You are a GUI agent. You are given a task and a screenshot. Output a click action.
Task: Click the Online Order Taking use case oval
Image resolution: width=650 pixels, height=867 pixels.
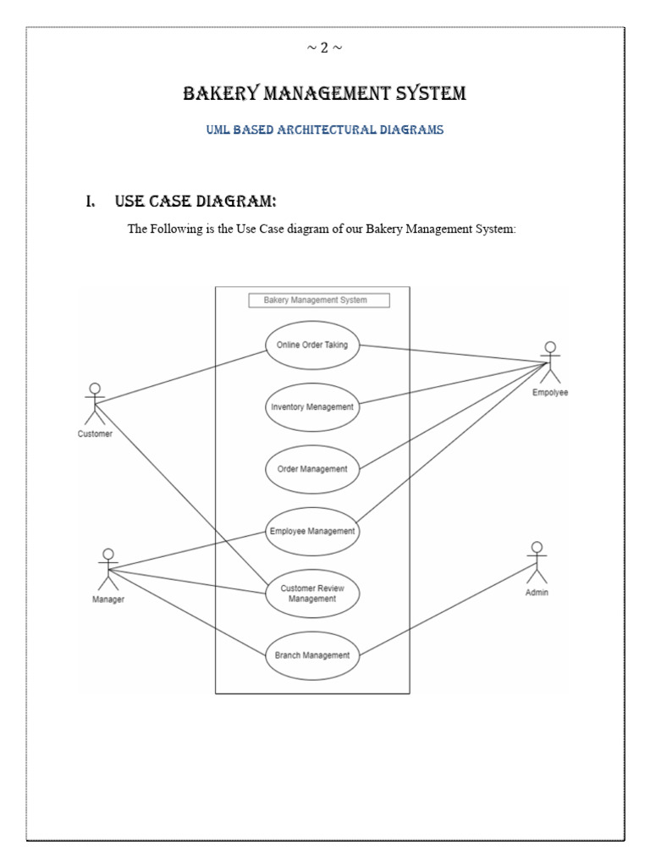312,345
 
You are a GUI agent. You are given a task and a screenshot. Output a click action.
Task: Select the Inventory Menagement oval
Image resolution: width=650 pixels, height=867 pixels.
311,406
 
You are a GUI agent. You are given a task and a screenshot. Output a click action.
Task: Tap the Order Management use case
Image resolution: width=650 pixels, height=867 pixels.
312,469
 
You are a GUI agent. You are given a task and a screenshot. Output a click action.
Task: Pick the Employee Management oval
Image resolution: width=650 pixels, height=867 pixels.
311,532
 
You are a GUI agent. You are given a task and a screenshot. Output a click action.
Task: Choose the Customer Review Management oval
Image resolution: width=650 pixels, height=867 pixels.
312,593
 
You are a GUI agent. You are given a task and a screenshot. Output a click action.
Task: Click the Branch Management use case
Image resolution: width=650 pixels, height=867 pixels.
312,654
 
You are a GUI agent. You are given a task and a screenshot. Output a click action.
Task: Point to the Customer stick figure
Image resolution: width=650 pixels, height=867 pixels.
95,404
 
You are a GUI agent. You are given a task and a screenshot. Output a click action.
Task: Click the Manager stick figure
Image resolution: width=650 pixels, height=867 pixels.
107,568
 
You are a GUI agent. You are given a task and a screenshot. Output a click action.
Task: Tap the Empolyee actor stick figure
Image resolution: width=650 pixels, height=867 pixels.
550,362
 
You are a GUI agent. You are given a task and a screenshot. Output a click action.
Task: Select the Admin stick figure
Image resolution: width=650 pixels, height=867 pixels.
536,561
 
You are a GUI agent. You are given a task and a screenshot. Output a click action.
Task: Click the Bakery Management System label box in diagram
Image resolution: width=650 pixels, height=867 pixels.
319,300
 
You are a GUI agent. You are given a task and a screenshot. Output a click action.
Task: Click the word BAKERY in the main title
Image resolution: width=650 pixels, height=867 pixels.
219,93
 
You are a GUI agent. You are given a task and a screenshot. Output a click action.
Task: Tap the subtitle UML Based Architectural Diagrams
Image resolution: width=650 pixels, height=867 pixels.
325,130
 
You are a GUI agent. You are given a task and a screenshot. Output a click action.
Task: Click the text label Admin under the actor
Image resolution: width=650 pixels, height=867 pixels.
537,593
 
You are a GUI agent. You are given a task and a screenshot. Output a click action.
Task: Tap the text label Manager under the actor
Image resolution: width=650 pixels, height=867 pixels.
108,600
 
